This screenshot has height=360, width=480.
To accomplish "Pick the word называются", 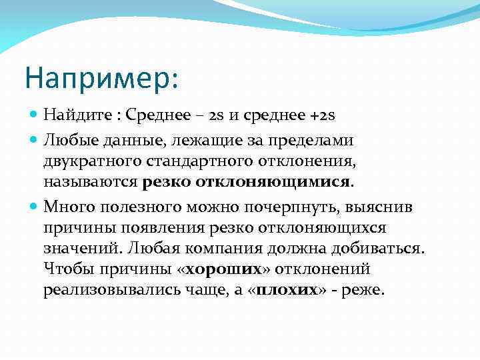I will coord(89,182).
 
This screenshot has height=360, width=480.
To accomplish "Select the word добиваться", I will coord(379,249).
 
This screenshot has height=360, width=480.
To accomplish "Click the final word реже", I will coord(362,291).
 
